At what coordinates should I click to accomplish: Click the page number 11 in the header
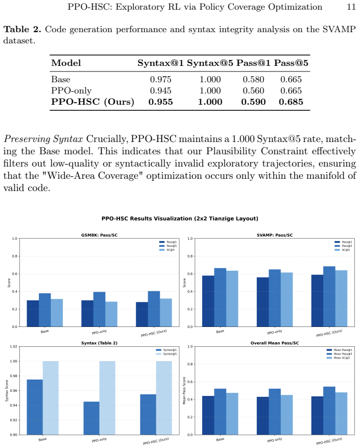(351, 7)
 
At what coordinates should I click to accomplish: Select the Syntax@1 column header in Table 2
(160, 63)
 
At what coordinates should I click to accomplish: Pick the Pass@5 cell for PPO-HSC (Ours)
(291, 102)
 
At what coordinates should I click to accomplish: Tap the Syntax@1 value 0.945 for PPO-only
(160, 91)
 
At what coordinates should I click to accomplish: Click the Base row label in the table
(61, 79)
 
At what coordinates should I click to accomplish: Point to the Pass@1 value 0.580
(253, 79)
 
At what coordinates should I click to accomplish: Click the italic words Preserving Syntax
(43, 139)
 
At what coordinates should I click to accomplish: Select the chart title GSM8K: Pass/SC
(99, 235)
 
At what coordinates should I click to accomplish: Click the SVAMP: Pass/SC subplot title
(275, 235)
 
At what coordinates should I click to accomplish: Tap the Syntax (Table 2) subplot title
(99, 343)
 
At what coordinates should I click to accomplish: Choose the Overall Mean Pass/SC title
(275, 343)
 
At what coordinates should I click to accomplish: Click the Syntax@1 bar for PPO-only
(91, 418)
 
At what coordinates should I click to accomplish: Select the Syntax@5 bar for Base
(51, 398)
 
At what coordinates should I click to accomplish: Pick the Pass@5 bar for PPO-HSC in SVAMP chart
(329, 297)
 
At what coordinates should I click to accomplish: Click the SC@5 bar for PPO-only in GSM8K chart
(111, 314)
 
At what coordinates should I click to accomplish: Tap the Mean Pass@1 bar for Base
(208, 415)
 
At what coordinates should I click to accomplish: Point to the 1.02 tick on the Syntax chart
(14, 346)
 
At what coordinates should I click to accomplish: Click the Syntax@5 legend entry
(166, 354)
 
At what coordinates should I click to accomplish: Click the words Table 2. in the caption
(22, 30)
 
